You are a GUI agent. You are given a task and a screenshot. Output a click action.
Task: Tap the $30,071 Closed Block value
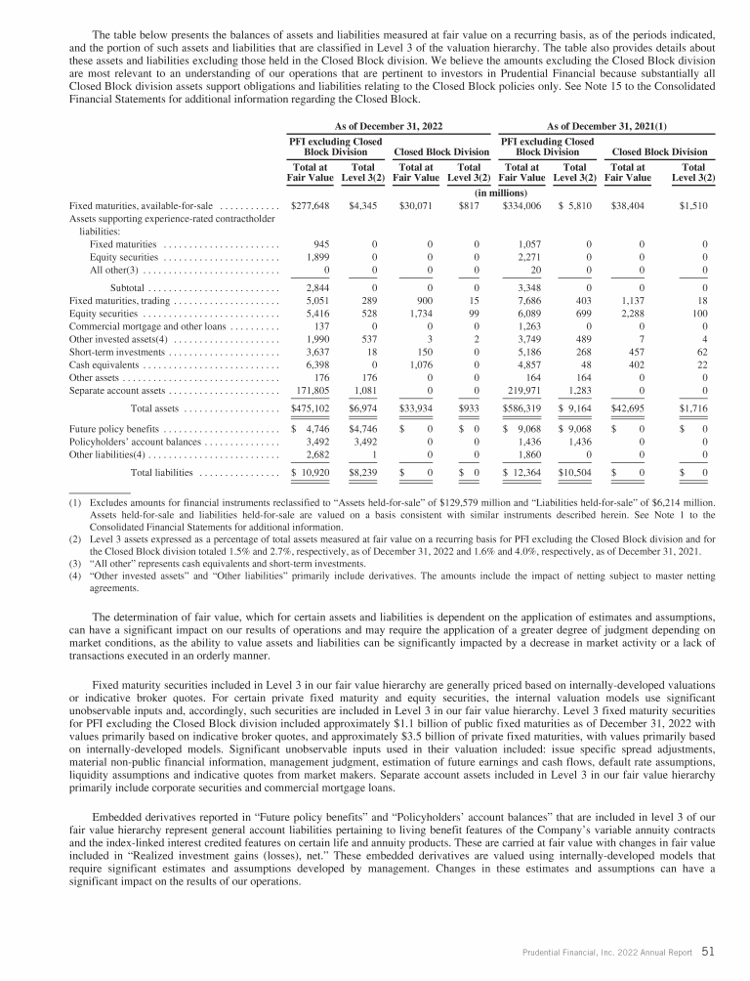pyautogui.click(x=416, y=206)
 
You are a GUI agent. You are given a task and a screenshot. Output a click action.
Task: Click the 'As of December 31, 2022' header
pyautogui.click(x=388, y=127)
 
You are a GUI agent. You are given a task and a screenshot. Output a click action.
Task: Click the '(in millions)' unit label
pyautogui.click(x=496, y=192)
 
